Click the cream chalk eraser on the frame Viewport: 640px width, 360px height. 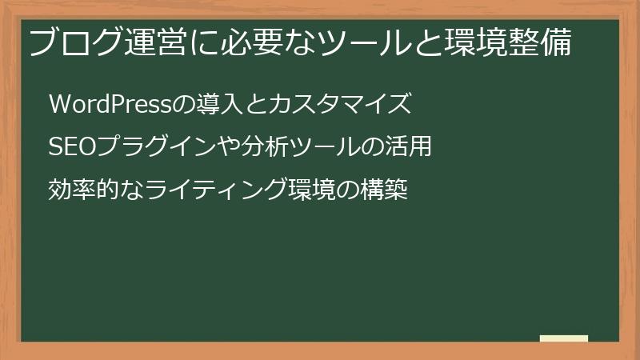564,339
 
